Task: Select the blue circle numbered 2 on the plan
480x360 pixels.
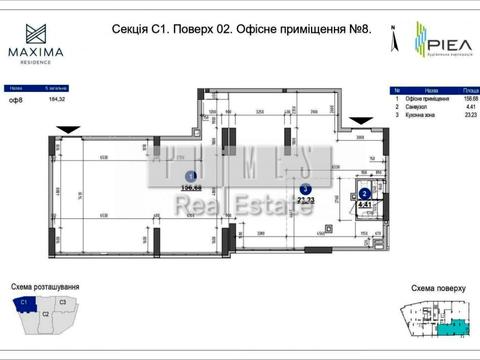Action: click(365, 194)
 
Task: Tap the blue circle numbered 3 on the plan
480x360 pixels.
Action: click(306, 188)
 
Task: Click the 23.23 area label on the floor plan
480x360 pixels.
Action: click(307, 200)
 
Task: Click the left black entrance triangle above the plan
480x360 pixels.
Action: click(67, 128)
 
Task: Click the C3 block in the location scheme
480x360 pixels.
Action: click(62, 301)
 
